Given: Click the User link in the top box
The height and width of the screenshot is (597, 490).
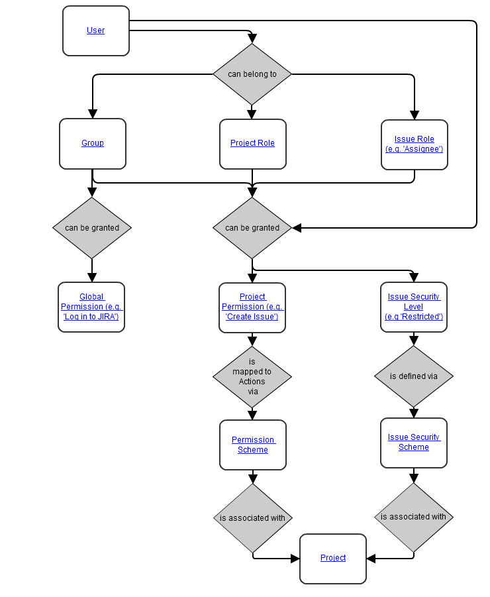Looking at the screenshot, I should [95, 30].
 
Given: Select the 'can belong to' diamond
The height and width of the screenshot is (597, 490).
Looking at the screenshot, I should [252, 74].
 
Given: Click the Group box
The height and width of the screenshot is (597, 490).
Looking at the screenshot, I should [93, 143].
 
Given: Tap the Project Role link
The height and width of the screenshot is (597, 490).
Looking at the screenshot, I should [252, 143].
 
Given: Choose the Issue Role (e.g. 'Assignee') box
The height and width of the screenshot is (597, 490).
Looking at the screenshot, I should [414, 144].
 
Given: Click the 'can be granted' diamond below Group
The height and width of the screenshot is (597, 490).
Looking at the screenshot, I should [92, 228].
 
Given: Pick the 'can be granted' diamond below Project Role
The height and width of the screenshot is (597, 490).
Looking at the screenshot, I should [252, 228].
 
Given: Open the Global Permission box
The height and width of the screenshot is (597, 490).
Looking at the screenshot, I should [91, 307].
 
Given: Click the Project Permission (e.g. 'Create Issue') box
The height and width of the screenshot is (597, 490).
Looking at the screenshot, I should [252, 307].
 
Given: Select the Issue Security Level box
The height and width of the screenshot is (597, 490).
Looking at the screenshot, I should [414, 307].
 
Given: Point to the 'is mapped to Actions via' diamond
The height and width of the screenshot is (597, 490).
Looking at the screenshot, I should [252, 376].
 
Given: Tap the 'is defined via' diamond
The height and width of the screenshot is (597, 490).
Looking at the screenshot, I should [414, 376].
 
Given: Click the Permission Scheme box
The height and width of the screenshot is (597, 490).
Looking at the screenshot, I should [252, 445].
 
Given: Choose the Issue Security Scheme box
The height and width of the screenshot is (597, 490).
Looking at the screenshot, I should [414, 443].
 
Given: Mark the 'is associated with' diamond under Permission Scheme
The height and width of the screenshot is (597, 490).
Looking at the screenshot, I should [252, 518].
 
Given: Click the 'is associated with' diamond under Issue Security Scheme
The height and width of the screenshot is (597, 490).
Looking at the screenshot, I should [414, 517].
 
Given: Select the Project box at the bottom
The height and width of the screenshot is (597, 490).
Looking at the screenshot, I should [333, 559].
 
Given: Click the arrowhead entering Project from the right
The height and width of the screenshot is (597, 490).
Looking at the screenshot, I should [371, 559].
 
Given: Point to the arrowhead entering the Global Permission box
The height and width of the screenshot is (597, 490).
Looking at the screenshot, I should [92, 278].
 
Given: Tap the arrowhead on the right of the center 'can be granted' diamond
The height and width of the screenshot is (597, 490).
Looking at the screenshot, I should [297, 228].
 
